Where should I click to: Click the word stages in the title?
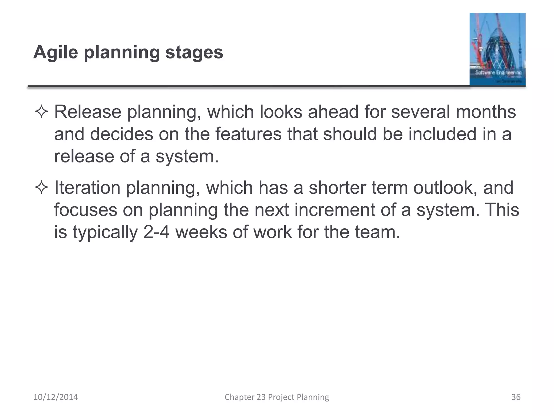194,52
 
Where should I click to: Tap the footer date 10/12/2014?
55,397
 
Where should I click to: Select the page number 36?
516,397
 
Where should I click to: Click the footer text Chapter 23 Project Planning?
277,397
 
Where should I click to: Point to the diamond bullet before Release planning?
41,112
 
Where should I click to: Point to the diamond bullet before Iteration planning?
41,188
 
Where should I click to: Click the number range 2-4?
156,232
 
